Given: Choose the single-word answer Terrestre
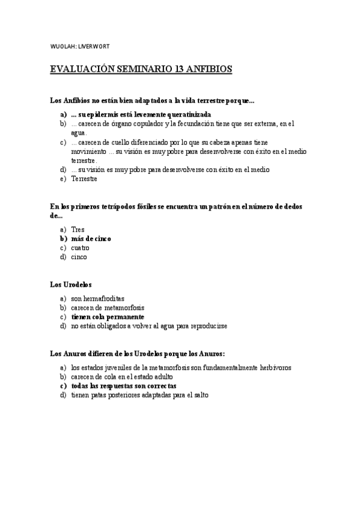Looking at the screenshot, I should click(x=84, y=179).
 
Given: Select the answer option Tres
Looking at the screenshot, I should click(x=78, y=230).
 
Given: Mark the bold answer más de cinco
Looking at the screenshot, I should click(x=91, y=239).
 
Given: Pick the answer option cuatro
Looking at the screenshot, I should click(x=80, y=248).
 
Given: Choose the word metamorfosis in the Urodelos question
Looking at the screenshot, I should click(x=124, y=307).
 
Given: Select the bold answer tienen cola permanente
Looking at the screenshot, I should click(x=107, y=316).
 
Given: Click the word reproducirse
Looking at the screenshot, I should click(x=205, y=326).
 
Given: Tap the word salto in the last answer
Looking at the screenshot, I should click(x=197, y=395).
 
